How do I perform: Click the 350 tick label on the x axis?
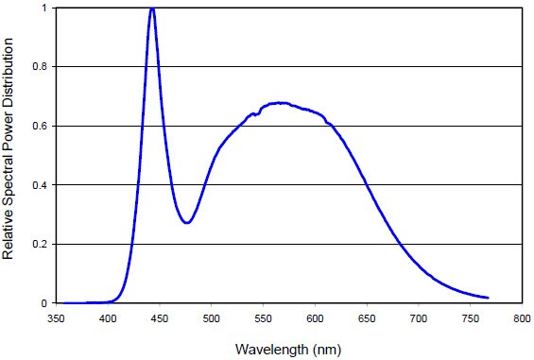click(x=56, y=319)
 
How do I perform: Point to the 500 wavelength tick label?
click(x=211, y=319)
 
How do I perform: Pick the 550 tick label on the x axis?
click(x=263, y=319)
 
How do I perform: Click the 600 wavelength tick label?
click(x=314, y=319)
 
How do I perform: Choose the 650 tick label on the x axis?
click(x=366, y=319)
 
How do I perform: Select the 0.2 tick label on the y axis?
click(x=39, y=245)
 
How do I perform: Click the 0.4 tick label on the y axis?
click(x=39, y=185)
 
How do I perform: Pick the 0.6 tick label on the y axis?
click(x=39, y=127)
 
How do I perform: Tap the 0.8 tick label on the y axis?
click(x=39, y=67)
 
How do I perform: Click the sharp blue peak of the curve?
click(x=152, y=9)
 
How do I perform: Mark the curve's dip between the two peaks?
click(x=187, y=223)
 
